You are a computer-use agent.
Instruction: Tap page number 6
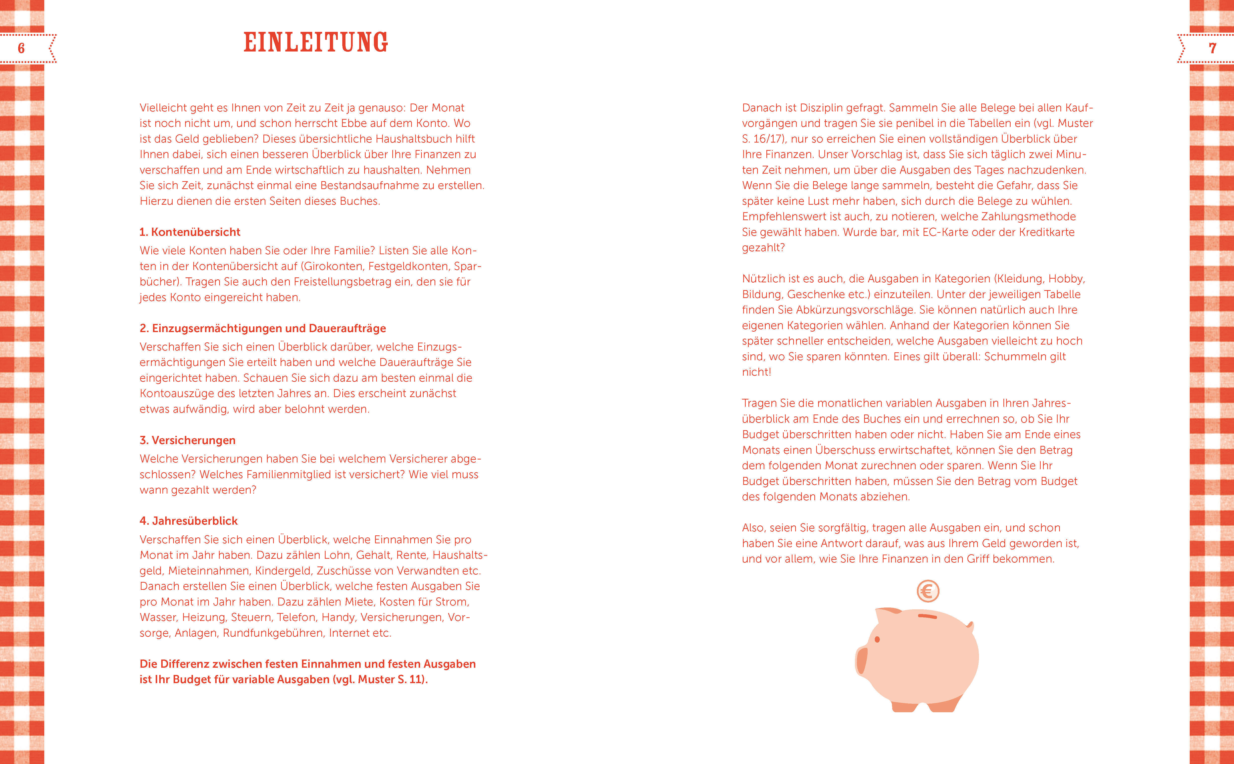coord(21,49)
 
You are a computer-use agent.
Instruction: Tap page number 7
coord(1212,49)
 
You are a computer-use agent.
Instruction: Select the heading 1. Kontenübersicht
coord(190,232)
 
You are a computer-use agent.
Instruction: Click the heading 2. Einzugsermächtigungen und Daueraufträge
coord(263,328)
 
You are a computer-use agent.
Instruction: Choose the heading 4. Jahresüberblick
coord(188,521)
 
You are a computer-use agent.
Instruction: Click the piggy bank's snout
coord(861,660)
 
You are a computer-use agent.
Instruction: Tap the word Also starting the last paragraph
coord(753,528)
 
